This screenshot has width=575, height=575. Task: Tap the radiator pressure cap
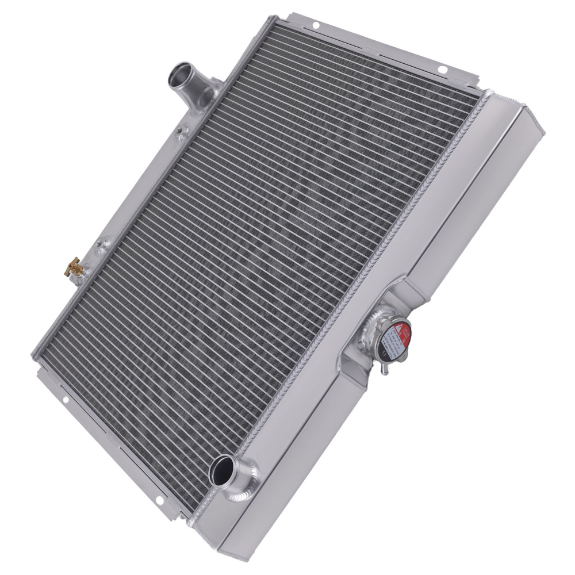(x=394, y=339)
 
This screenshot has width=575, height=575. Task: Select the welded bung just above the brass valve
(x=102, y=246)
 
